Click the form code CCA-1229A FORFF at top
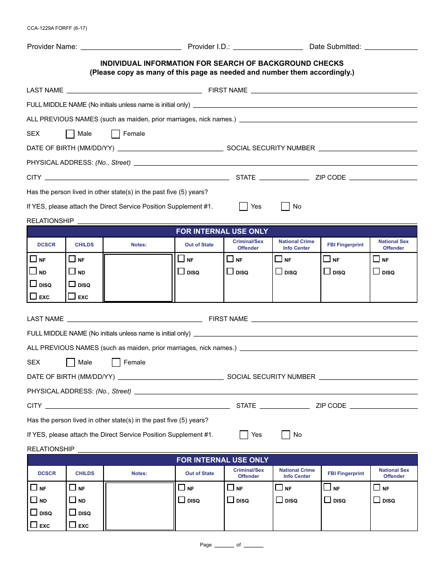click(x=56, y=28)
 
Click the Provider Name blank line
click(x=131, y=47)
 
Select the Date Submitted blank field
click(x=391, y=47)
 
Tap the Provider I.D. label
click(x=208, y=47)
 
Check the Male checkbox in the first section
click(x=70, y=134)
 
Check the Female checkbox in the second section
click(x=116, y=363)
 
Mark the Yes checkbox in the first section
click(x=243, y=207)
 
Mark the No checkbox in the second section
click(x=286, y=435)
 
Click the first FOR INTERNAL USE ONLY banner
click(x=222, y=231)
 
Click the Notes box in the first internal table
click(x=138, y=278)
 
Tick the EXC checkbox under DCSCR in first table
click(x=33, y=296)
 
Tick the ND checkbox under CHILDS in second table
click(x=72, y=500)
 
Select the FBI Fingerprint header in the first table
click(x=345, y=245)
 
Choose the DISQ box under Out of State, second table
click(x=182, y=500)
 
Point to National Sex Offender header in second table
click(x=394, y=473)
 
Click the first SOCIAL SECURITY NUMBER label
click(x=270, y=148)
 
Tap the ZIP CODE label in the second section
click(x=331, y=406)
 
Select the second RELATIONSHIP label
click(x=50, y=449)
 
